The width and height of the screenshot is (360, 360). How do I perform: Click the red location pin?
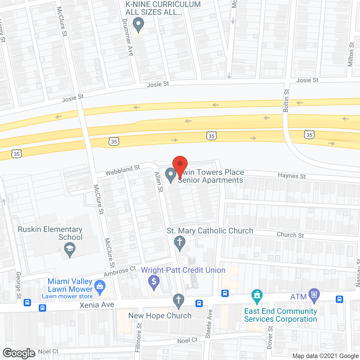180,165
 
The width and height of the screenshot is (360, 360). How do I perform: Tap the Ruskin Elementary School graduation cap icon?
69,249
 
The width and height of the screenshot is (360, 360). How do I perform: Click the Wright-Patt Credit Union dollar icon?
154,282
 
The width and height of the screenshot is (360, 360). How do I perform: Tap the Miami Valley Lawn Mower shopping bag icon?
100,287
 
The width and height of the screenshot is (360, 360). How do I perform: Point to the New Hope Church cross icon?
178,300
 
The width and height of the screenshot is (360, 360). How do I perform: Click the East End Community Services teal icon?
257,296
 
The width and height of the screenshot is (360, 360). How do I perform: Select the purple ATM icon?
314,295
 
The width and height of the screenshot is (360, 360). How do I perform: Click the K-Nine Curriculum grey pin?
138,24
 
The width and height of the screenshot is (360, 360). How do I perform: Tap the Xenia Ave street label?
97,305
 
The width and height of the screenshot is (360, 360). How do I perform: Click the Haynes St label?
292,176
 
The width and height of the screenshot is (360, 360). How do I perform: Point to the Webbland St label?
123,170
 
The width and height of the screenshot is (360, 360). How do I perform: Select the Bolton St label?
286,100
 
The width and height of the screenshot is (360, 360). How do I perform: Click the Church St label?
290,235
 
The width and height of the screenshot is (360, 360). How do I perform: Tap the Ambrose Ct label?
120,271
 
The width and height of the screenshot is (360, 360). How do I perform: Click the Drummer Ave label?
128,37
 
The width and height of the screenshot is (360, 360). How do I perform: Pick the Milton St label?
351,54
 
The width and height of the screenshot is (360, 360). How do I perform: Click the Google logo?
19,353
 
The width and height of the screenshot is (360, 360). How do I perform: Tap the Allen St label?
159,182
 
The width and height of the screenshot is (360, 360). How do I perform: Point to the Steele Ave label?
209,324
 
